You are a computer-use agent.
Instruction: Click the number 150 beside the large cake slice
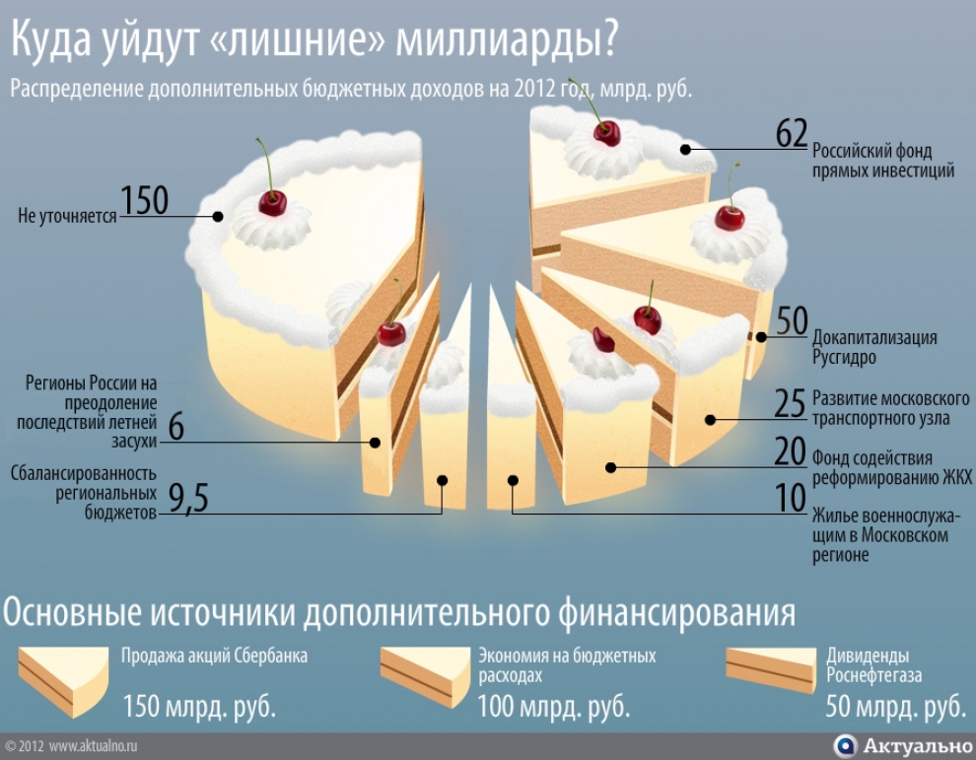(x=144, y=200)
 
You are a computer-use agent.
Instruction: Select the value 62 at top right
(x=791, y=133)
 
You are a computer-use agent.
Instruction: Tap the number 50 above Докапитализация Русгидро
(x=792, y=321)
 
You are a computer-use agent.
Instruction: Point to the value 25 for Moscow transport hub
(x=790, y=403)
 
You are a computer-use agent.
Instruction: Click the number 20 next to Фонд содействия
(x=791, y=451)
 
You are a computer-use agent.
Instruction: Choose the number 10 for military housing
(x=791, y=498)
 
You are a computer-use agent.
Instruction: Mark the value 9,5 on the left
(x=188, y=498)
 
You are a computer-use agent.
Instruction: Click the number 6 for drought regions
(x=176, y=428)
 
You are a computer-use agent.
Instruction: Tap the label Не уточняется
(x=67, y=216)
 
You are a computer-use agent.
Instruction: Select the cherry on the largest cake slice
(x=273, y=202)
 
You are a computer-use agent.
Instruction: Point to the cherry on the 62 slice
(x=607, y=133)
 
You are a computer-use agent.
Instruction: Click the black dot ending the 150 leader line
(x=217, y=217)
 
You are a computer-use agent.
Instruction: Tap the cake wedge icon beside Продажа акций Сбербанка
(x=63, y=681)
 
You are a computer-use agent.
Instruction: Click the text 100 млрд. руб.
(x=553, y=707)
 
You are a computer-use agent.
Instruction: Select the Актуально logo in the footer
(x=902, y=745)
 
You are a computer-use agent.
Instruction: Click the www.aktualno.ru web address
(x=93, y=745)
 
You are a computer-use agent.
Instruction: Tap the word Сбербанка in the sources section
(x=271, y=656)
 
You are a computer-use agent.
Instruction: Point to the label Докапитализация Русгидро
(x=873, y=347)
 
